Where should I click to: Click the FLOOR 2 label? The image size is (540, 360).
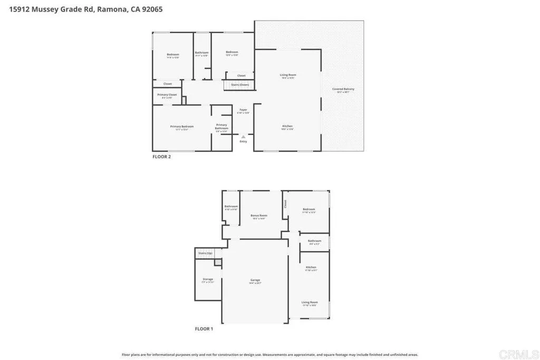click(161, 156)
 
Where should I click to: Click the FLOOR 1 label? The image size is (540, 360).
click(204, 329)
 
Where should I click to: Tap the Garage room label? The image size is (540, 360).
click(255, 280)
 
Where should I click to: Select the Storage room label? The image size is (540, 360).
click(208, 279)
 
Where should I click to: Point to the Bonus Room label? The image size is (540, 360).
click(259, 216)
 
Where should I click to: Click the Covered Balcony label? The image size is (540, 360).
click(343, 89)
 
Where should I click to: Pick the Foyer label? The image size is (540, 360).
click(243, 110)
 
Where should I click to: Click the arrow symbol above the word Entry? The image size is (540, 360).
click(243, 137)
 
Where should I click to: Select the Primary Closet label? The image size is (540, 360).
click(167, 94)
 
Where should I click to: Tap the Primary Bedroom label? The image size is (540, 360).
click(182, 127)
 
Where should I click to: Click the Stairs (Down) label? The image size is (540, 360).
click(240, 84)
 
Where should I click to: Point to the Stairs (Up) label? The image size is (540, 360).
click(205, 254)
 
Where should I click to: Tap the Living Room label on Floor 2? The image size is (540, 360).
click(288, 75)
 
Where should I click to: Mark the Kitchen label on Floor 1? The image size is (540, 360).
click(311, 267)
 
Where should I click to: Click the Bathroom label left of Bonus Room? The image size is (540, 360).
click(231, 206)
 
